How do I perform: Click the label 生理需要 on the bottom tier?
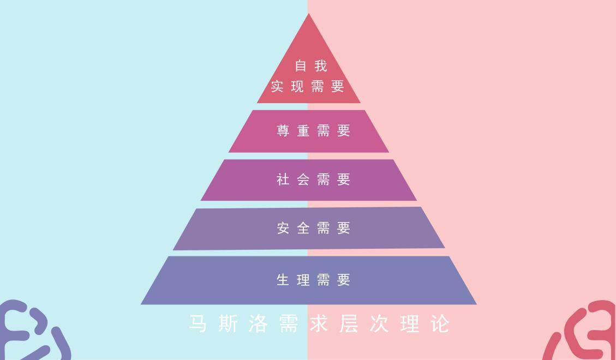pos(313,280)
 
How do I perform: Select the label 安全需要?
pos(313,227)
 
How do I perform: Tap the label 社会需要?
pos(313,179)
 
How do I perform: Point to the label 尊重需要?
pos(313,130)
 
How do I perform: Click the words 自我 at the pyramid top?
pos(311,65)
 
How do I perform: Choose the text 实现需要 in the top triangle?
pos(308,86)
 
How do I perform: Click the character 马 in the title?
pos(198,324)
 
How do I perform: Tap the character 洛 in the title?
pos(258,324)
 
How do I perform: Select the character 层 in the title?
pos(349,324)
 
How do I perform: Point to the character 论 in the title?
pos(440,324)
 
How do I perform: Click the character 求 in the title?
pos(319,324)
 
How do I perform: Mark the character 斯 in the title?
pos(228,324)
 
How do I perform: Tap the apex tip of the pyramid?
pos(308,13)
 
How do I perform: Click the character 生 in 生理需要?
pos(283,280)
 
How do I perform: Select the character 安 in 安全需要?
pos(283,227)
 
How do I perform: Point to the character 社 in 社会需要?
pos(283,179)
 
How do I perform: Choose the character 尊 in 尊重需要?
pos(283,130)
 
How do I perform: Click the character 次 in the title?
pos(379,324)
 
